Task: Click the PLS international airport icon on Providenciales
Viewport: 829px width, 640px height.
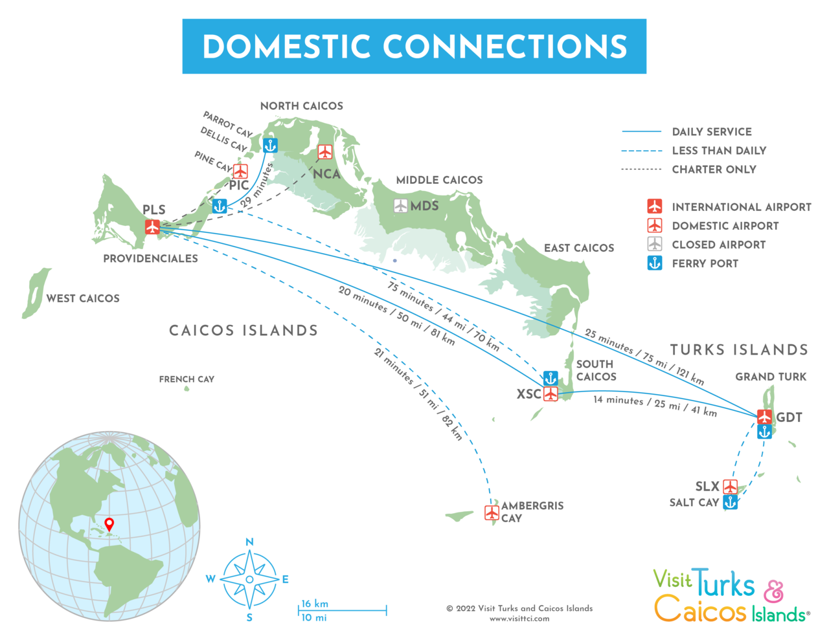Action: tap(152, 226)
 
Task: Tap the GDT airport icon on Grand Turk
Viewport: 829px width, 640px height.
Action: tap(764, 416)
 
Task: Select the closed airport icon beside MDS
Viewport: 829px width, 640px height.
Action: tap(401, 206)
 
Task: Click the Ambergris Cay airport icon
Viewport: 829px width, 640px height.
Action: tap(492, 513)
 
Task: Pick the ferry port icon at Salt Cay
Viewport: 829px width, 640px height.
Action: tap(730, 502)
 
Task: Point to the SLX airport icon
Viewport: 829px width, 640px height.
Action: tap(730, 487)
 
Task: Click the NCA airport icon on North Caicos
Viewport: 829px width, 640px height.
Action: tap(324, 151)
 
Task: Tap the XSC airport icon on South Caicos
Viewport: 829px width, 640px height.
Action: tap(551, 393)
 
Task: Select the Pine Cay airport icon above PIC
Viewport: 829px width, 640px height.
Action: tap(240, 171)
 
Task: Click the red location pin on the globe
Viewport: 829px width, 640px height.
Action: tap(109, 524)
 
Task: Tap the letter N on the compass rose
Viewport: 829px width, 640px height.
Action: tap(249, 542)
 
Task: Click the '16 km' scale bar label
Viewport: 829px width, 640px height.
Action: tap(315, 604)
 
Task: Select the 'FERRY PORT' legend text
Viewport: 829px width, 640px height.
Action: tap(705, 263)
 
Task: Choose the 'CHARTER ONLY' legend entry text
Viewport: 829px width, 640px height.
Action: tap(714, 170)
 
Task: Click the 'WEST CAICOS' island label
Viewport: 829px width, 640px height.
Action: tap(83, 298)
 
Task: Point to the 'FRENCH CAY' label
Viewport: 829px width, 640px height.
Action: tap(187, 379)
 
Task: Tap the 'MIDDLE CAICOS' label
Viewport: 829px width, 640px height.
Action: tap(439, 180)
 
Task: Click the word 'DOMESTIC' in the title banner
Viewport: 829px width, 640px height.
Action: tap(286, 47)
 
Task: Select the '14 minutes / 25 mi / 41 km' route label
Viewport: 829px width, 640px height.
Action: tap(655, 406)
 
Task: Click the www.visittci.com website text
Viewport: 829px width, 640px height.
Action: tap(519, 619)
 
